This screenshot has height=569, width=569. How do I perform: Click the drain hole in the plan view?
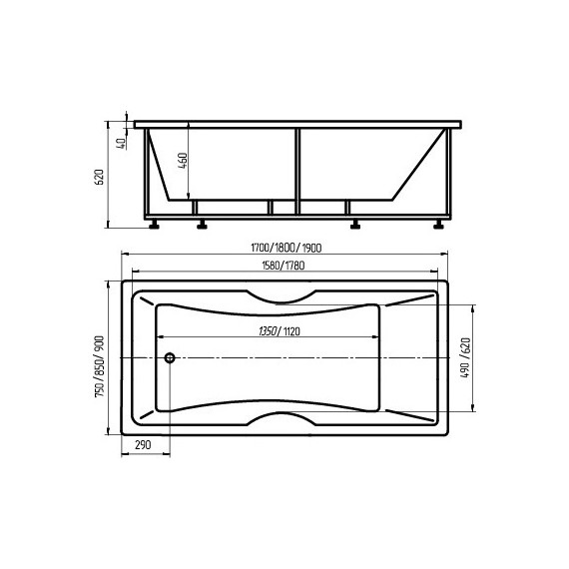point(170,358)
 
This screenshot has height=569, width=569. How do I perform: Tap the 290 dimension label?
point(143,445)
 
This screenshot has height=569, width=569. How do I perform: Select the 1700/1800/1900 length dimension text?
point(286,248)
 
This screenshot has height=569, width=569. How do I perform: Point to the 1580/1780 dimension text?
point(284,266)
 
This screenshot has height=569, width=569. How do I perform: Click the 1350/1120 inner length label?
point(280,331)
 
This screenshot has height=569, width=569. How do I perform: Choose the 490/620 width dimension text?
point(465,358)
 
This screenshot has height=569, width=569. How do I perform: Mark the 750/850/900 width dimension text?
point(99,366)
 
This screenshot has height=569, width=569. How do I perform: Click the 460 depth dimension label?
point(184,161)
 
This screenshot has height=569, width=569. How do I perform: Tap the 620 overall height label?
point(99,177)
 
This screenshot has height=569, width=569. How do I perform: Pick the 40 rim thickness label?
point(123,143)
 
